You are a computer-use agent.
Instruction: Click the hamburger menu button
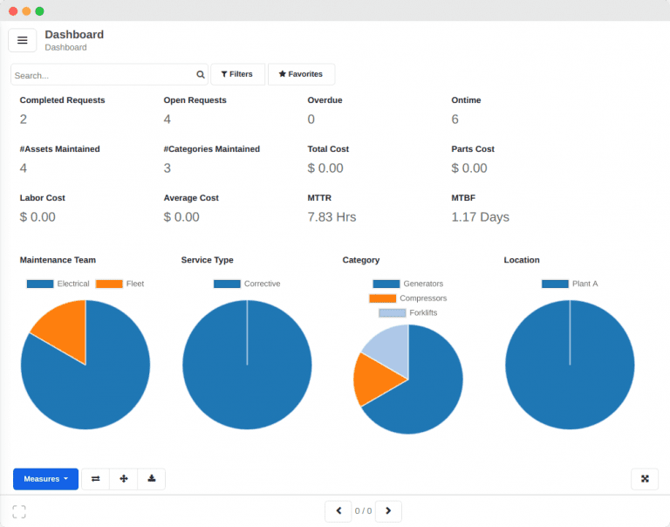click(x=23, y=40)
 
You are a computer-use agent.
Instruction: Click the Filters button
click(x=237, y=74)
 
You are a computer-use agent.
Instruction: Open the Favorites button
click(x=301, y=74)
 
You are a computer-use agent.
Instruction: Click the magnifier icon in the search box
click(x=201, y=75)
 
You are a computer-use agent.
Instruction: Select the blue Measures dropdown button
click(x=45, y=479)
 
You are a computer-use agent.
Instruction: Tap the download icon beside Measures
click(x=151, y=479)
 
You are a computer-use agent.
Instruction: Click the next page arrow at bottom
click(x=388, y=511)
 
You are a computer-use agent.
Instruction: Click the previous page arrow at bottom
click(x=338, y=511)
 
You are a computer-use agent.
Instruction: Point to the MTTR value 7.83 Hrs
click(x=332, y=217)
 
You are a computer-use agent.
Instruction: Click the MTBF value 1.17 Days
click(x=480, y=217)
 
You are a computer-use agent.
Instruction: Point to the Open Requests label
click(x=195, y=100)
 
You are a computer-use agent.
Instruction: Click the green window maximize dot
click(x=39, y=11)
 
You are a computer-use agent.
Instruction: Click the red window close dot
click(x=13, y=11)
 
